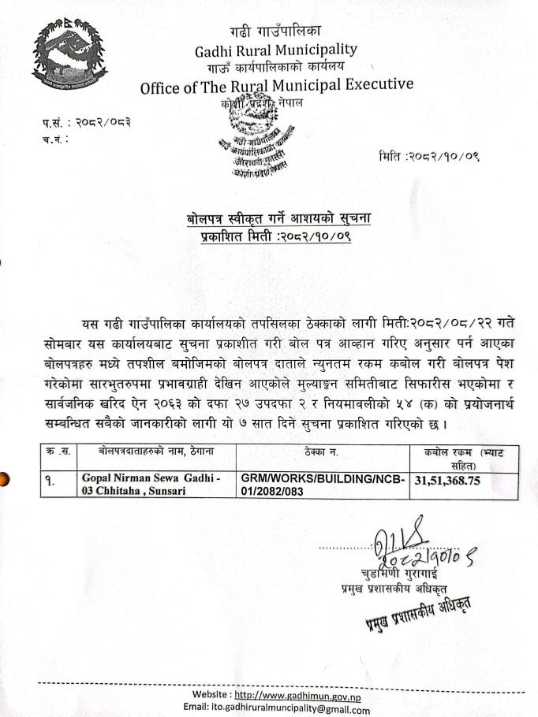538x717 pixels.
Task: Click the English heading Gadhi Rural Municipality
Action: click(x=275, y=50)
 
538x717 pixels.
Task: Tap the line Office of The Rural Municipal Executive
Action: click(x=276, y=85)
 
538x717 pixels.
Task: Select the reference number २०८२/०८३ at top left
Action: click(x=103, y=122)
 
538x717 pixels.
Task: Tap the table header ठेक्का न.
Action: click(x=322, y=451)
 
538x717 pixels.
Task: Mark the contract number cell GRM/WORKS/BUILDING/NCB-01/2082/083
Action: click(x=322, y=485)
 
